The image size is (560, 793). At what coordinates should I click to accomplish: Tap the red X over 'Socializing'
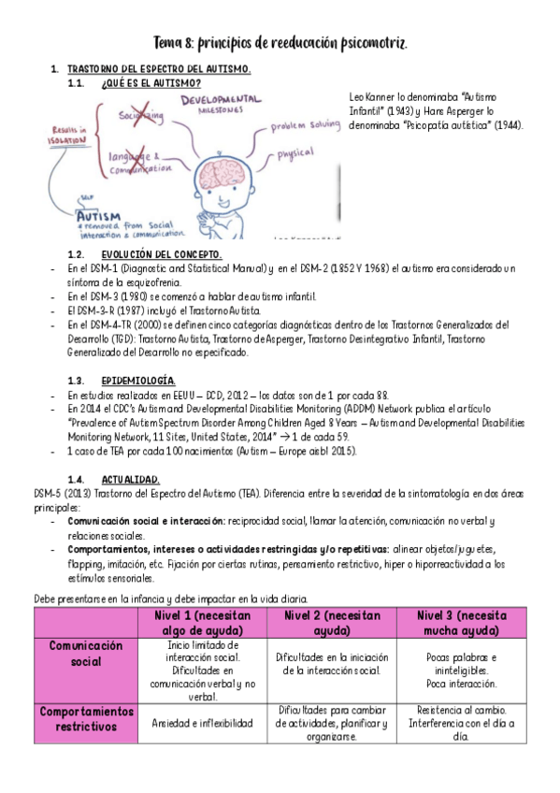click(140, 114)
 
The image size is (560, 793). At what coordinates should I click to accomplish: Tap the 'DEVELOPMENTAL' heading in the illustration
click(221, 100)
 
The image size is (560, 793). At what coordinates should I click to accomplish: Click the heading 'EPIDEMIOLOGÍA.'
click(137, 381)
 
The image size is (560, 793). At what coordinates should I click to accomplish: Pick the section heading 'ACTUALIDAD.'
click(130, 479)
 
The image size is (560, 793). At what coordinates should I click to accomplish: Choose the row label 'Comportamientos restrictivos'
click(86, 718)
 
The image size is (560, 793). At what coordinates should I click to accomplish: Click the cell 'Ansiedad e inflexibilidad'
click(202, 723)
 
